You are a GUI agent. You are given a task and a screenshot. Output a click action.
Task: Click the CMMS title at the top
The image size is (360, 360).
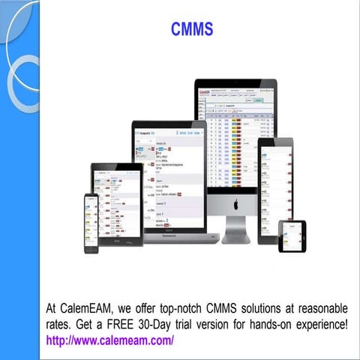[x=192, y=29]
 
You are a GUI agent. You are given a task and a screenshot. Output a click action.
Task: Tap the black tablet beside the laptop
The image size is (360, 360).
[x=116, y=205]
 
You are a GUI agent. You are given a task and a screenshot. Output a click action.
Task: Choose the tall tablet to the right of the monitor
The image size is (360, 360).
[x=275, y=190]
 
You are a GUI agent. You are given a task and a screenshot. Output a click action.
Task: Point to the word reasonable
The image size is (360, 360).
[x=319, y=308]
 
